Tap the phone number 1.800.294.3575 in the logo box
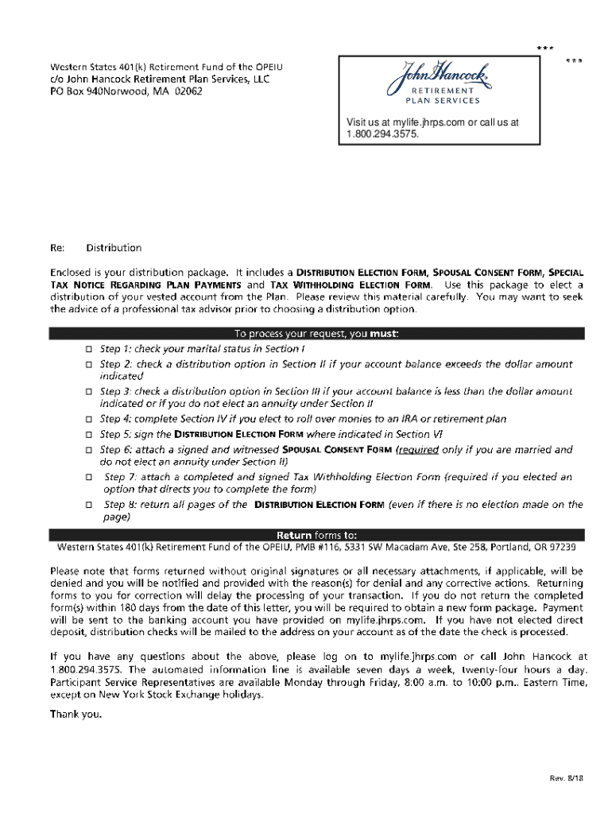tap(382, 134)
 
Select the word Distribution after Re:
tap(114, 248)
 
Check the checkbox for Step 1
tap(89, 349)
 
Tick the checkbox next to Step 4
tap(89, 419)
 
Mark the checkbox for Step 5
tap(89, 435)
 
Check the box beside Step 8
tap(89, 505)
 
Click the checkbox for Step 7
tap(89, 478)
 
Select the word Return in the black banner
tap(293, 535)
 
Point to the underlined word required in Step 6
tap(420, 450)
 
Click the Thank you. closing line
tap(76, 714)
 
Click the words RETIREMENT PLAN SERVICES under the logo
tap(444, 97)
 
